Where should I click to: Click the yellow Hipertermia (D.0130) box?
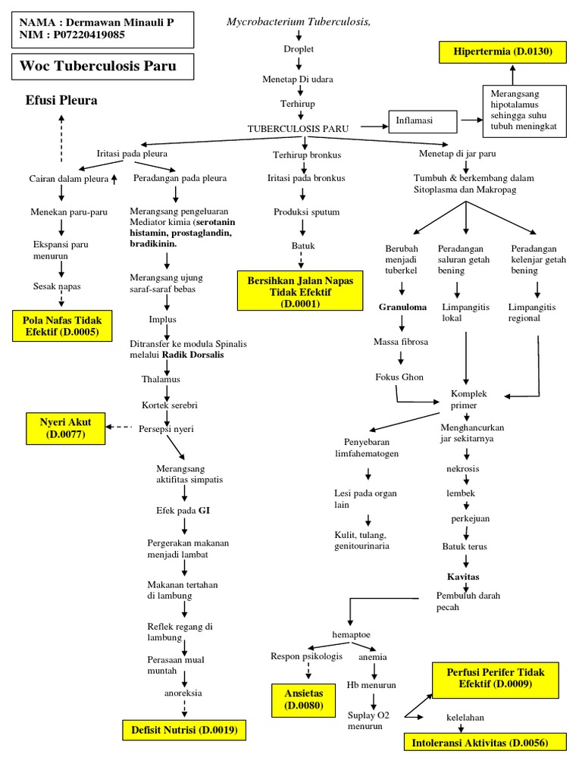pos(512,52)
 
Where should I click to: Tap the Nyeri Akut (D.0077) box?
pos(67,427)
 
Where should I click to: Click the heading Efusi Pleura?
pos(61,100)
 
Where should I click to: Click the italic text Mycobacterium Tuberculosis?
pos(299,21)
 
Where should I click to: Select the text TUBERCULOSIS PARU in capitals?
pos(298,129)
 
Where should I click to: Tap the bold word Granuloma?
pos(402,308)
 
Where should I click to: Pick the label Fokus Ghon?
pos(399,377)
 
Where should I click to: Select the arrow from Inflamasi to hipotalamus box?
pos(470,120)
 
